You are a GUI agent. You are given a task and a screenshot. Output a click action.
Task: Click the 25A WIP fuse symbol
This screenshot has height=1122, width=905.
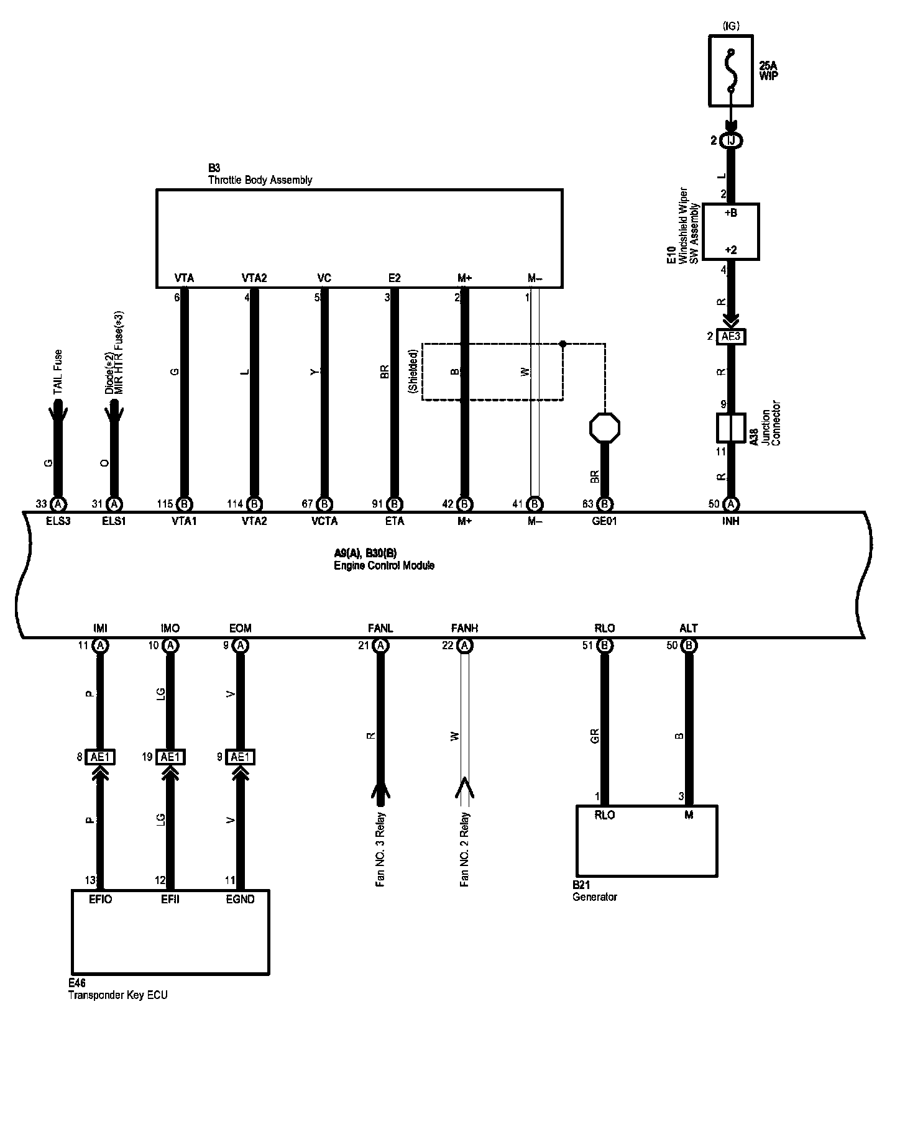point(731,70)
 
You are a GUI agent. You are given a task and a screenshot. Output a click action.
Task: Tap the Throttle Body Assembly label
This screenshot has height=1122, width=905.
point(260,180)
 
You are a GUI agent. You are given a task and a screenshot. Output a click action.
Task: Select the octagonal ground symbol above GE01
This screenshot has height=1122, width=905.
point(605,427)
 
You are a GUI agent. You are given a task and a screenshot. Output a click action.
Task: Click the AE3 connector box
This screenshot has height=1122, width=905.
point(731,337)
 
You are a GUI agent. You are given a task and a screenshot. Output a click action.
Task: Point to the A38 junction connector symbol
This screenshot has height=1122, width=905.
point(731,428)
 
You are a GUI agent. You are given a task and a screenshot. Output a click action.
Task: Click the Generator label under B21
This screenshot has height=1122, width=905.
point(595,897)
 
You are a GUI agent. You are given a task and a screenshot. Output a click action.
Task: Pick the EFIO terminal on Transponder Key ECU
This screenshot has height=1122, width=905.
point(100,899)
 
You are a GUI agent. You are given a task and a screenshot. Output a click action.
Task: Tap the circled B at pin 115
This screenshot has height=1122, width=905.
point(184,504)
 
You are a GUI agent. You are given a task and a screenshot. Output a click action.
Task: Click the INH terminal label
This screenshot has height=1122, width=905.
point(731,521)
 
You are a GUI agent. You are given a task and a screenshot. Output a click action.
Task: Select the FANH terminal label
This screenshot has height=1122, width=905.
point(464,629)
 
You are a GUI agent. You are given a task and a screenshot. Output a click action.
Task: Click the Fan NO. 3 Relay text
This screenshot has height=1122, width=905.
point(380,849)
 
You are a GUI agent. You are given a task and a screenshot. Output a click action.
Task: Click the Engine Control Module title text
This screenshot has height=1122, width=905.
point(384,565)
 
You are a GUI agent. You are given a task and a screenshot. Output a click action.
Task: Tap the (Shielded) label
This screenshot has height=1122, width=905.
point(413,371)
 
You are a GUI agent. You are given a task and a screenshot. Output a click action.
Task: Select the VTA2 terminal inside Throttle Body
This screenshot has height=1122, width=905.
point(254,278)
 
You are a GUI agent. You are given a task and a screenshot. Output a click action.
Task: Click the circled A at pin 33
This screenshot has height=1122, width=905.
point(58,504)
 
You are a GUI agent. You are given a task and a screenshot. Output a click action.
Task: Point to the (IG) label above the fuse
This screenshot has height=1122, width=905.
point(731,26)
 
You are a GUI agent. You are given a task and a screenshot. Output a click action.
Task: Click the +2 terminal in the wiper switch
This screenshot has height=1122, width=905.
point(731,250)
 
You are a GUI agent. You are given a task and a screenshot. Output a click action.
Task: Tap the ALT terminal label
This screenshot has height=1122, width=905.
point(689,629)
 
